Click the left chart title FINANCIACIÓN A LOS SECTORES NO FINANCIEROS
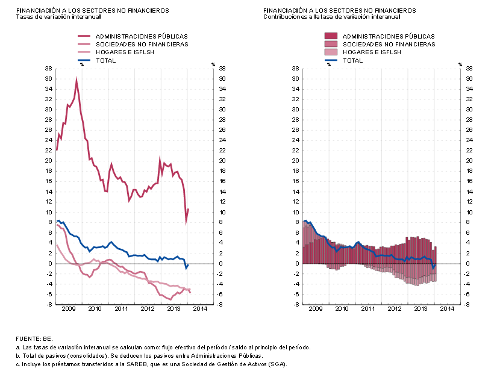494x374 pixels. coord(92,11)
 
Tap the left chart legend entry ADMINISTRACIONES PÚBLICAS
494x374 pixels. coord(142,36)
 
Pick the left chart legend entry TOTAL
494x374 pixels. coord(105,60)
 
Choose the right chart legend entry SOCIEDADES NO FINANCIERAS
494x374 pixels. coord(389,44)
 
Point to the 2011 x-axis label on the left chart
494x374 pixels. coord(121,308)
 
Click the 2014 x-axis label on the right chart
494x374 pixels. coord(447,308)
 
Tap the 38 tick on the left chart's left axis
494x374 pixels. coord(48,69)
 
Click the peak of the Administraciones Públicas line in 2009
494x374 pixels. coord(76,79)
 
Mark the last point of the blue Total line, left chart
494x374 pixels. coord(188,265)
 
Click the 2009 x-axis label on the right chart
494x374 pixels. coord(316,308)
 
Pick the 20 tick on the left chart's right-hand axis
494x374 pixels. coord(221,161)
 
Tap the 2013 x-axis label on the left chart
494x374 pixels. coord(174,308)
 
